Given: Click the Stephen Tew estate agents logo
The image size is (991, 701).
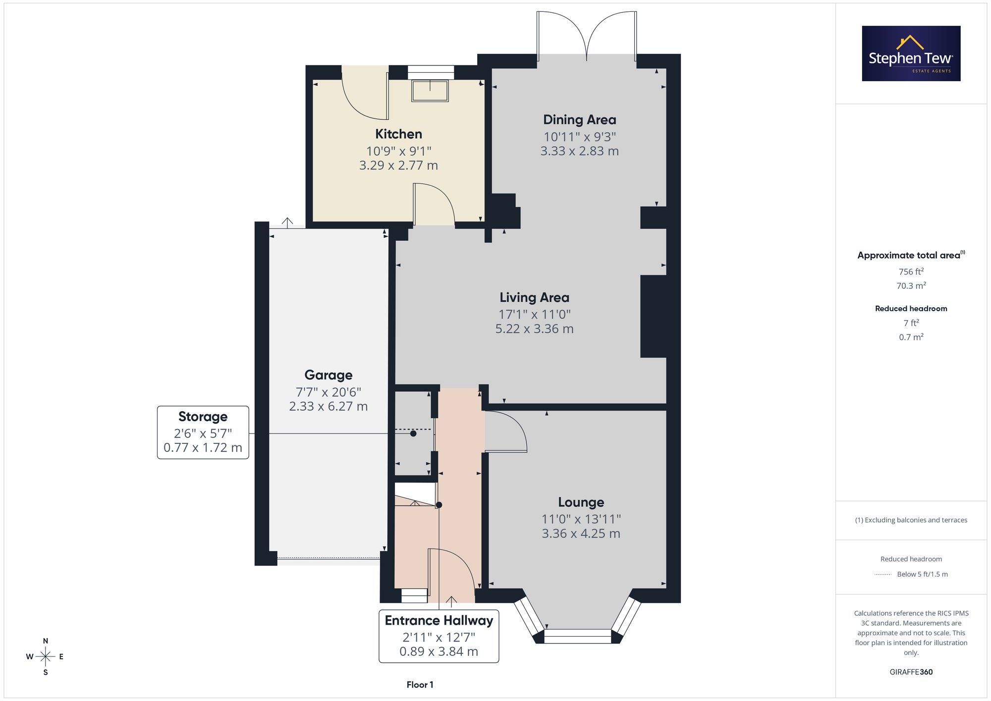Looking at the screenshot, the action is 911,54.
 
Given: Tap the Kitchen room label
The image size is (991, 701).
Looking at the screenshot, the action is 398,134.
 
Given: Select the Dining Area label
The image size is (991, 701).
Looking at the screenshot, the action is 580,119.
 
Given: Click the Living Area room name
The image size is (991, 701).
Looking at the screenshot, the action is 534,297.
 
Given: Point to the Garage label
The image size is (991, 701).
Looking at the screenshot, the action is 329,375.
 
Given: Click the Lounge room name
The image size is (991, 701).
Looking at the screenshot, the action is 581,502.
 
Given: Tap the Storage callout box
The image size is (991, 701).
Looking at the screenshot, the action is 203,432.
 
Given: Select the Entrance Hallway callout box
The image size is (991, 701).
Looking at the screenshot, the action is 439,636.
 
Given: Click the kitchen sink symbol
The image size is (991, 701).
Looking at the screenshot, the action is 430,91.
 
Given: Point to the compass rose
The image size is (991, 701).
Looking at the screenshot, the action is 46,657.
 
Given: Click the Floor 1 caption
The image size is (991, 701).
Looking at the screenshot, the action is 420,685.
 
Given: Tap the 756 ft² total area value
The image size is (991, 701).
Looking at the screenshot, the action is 911,271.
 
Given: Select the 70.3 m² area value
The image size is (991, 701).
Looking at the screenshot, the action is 911,285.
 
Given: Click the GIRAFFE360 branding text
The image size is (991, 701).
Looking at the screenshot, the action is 911,672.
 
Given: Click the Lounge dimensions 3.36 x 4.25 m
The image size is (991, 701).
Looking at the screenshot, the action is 581,534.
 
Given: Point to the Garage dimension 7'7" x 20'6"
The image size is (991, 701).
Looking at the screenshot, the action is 329,392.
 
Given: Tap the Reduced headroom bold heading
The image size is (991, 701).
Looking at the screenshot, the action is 911,309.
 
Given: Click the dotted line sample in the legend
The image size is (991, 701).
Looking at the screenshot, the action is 883,575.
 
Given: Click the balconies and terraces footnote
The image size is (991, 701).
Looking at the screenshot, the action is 911,520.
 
